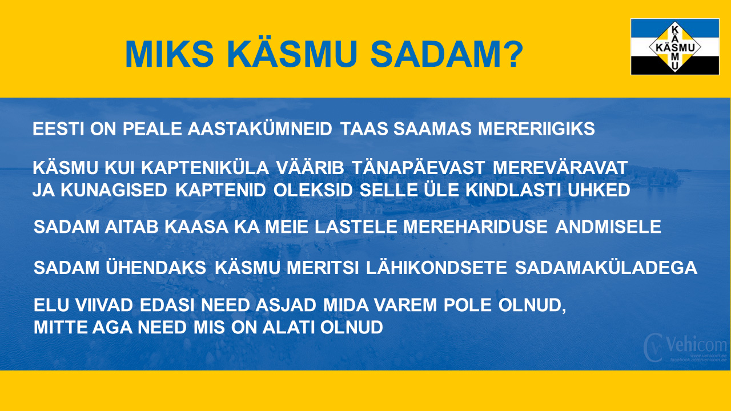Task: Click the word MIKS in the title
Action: [170, 54]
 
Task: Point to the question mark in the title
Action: [511, 54]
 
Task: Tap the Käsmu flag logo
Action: [675, 47]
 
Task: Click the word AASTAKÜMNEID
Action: [260, 129]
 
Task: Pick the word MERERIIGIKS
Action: [536, 129]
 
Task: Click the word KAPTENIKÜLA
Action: [205, 168]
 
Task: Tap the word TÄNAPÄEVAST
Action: [419, 168]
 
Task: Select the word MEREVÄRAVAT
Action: [560, 168]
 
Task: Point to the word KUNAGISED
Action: [114, 190]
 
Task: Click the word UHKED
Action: [599, 190]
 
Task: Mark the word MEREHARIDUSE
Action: [476, 227]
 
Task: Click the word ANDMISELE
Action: [608, 227]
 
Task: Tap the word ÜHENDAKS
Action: [156, 268]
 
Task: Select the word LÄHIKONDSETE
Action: [436, 268]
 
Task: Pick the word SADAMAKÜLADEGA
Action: [606, 268]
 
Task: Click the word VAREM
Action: [405, 305]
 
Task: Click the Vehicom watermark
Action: [685, 348]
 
